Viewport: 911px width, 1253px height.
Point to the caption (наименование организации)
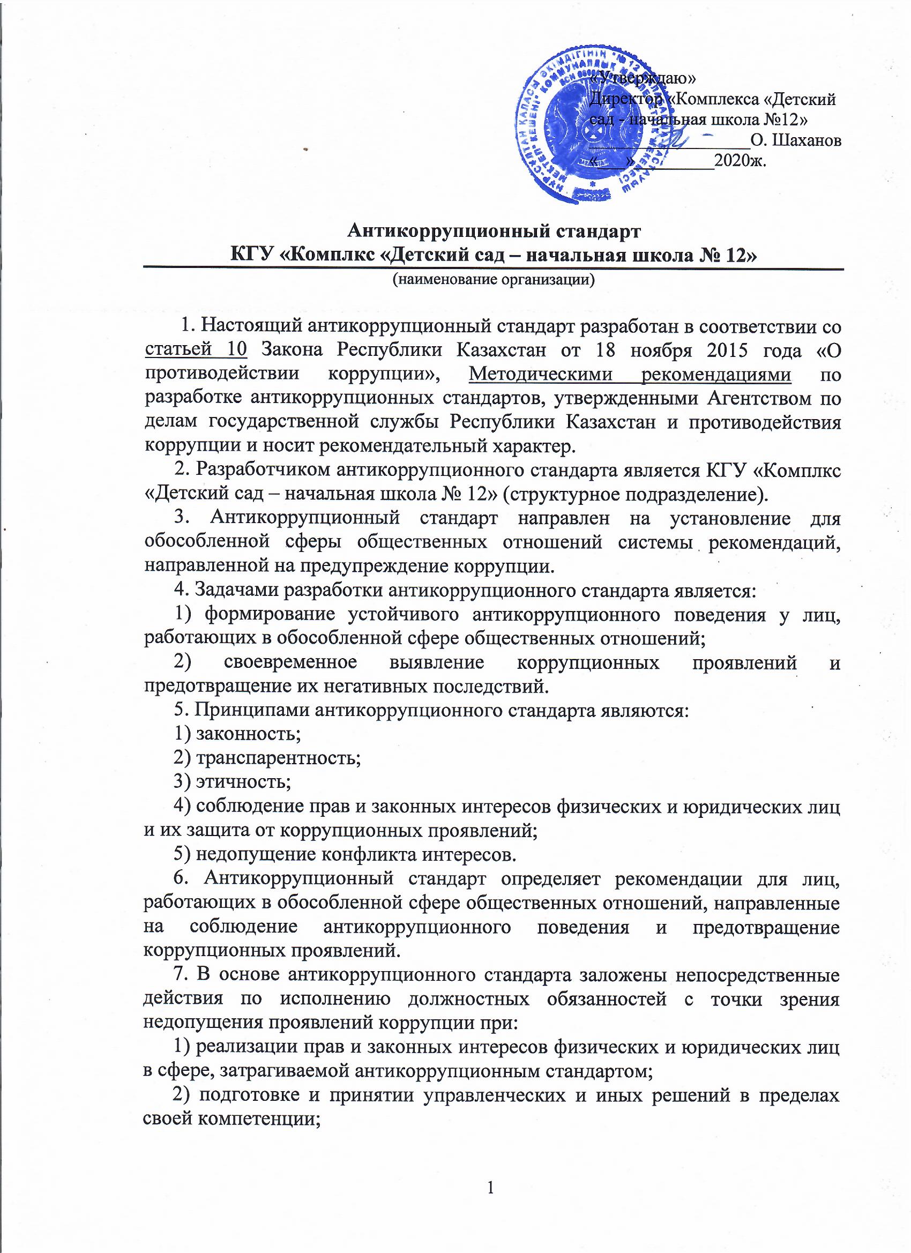coord(494,280)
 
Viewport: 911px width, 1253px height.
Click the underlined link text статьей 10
coord(196,350)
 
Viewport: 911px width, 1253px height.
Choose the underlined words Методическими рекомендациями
coord(630,375)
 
